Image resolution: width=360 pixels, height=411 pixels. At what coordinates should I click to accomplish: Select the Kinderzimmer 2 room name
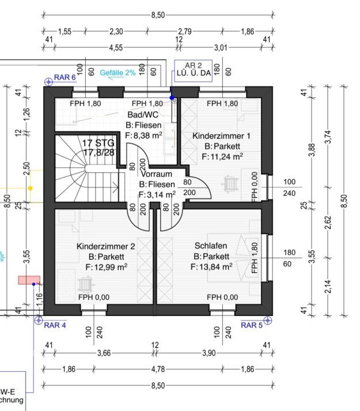105,247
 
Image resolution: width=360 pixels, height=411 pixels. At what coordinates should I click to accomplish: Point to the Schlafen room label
211,246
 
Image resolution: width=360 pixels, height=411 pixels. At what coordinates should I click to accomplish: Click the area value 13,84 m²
211,267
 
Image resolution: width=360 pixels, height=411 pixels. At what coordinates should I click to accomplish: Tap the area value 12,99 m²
106,267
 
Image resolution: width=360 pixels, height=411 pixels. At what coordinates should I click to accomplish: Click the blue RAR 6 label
65,77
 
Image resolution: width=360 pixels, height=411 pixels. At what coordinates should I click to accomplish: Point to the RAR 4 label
55,325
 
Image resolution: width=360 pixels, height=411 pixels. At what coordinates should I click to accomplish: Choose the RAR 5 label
252,325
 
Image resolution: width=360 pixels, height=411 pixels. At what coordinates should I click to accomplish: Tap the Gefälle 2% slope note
118,73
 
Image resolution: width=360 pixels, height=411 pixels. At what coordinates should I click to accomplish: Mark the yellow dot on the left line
31,188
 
